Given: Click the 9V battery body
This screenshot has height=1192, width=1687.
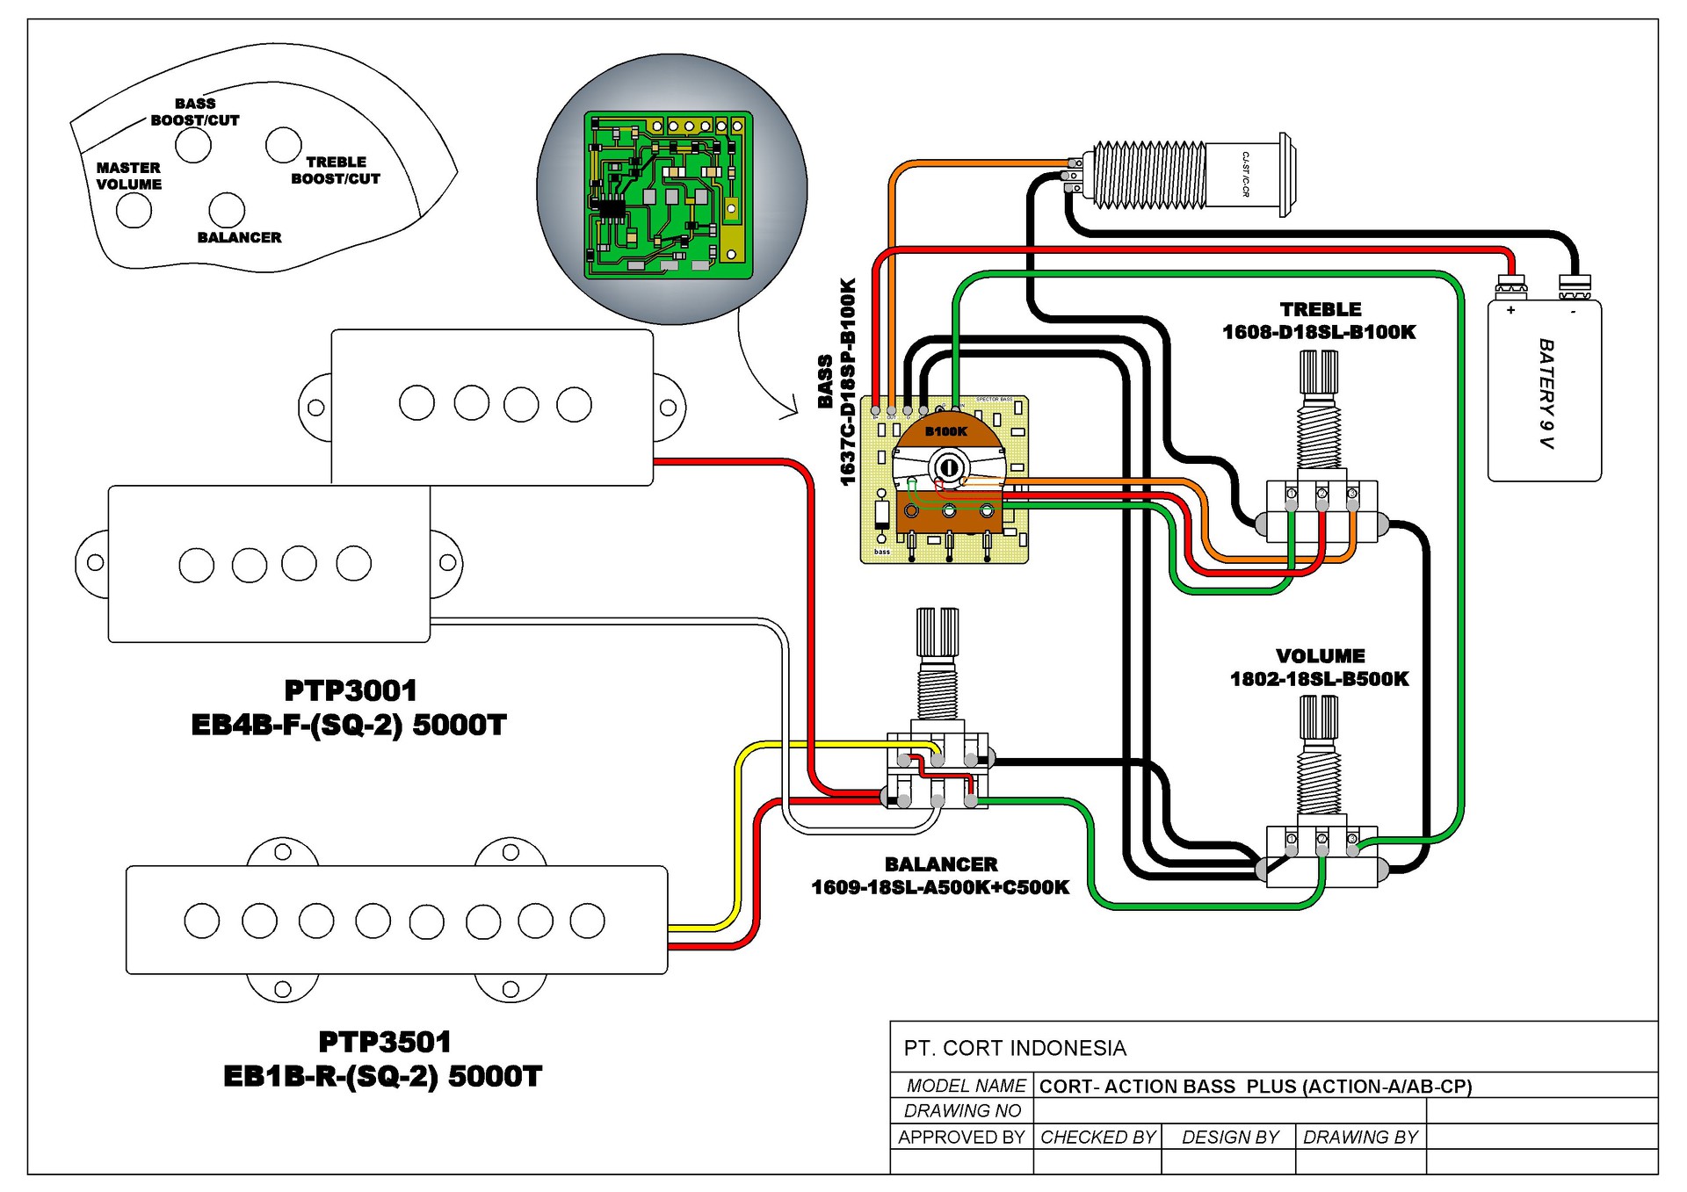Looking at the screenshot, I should pos(1544,392).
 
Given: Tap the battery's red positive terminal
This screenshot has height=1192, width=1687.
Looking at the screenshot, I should pos(1511,285).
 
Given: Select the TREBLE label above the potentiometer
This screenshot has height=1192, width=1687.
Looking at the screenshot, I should pos(1320,309).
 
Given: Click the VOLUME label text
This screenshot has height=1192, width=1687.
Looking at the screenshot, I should pos(1320,656).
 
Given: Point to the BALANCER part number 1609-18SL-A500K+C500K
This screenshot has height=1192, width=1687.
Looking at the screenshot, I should pos(940,887).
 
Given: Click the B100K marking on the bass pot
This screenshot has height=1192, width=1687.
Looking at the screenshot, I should pos(945,431).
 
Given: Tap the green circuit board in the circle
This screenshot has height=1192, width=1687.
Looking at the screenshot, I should pos(669,194).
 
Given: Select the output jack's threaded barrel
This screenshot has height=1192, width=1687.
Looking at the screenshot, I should pos(1149,175).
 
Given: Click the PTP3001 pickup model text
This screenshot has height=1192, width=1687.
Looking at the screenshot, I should pos(351,690).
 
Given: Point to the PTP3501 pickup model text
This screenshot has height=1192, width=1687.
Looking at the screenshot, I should pos(385,1042).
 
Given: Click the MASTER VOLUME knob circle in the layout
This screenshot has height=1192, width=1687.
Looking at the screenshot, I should pos(134,211).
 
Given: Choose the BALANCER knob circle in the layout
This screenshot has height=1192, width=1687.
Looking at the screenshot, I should pos(227,210).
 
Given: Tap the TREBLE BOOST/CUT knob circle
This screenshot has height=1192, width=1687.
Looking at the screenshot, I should pos(283,145).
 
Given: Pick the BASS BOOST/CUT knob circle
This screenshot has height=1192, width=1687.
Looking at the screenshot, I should pos(192,146).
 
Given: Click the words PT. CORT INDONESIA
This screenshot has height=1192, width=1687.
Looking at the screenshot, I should pos(1015,1048).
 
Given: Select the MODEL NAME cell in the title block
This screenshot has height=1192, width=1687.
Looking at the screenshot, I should pos(966,1086).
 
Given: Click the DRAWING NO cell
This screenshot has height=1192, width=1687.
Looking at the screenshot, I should pos(963,1110).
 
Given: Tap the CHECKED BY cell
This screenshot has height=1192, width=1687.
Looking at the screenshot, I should pos(1097,1137).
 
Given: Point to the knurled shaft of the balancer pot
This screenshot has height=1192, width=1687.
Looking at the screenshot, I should pos(937,632).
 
